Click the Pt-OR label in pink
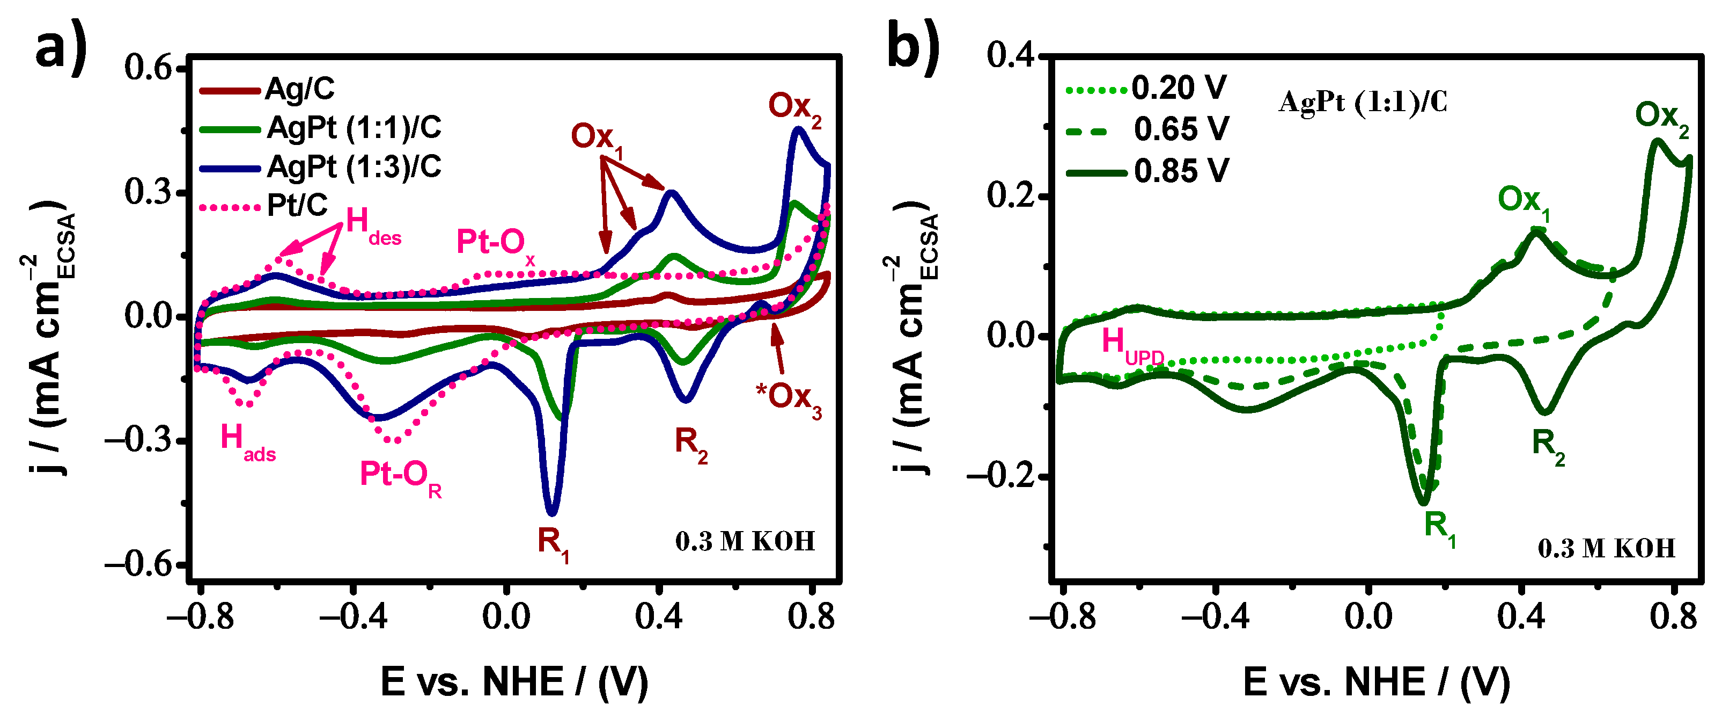pos(400,477)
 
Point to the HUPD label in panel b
pos(1132,344)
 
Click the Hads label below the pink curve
pos(247,441)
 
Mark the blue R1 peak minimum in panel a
pos(551,514)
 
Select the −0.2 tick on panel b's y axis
pos(1000,476)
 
